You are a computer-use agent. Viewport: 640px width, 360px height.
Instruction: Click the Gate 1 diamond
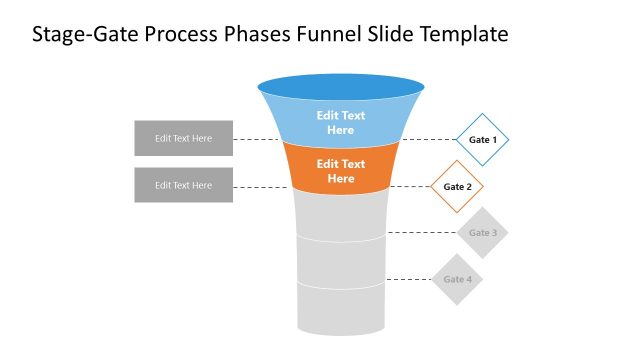pos(482,139)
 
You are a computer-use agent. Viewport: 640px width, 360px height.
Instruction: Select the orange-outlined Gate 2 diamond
pos(457,186)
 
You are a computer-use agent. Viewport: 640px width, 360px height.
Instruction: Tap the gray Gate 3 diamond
pos(482,233)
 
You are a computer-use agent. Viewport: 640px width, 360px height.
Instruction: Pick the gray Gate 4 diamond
pos(457,279)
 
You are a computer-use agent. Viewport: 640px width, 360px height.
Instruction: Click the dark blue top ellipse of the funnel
pos(341,87)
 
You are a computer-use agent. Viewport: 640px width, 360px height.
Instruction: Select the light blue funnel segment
pos(341,122)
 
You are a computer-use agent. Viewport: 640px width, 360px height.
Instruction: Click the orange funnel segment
pos(341,169)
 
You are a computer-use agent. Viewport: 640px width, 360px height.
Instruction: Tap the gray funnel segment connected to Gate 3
pos(341,215)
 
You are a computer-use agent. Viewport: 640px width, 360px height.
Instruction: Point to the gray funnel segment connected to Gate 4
pos(341,262)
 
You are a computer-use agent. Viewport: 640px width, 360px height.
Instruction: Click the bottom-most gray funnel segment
pos(341,310)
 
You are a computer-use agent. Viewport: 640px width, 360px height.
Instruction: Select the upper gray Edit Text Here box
pos(183,138)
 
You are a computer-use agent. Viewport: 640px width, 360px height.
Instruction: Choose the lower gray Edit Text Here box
pos(183,185)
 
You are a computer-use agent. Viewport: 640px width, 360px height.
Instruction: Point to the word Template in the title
pos(464,36)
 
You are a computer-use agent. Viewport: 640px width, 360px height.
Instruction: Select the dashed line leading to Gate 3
pos(420,233)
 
